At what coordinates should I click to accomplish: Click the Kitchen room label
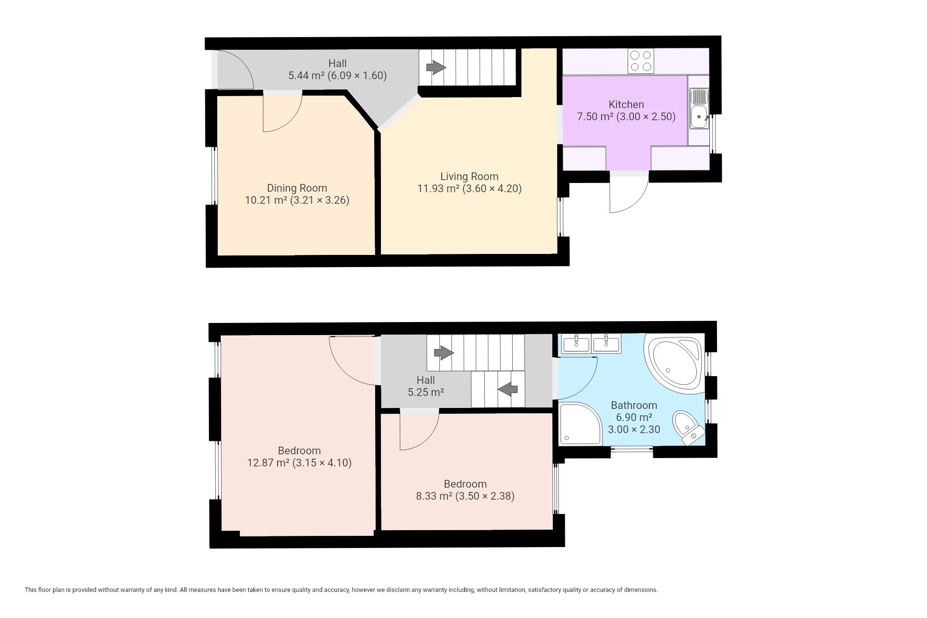(626, 104)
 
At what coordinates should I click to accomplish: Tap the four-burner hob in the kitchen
(641, 61)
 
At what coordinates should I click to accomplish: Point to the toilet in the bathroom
(688, 428)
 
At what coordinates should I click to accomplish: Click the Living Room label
(469, 177)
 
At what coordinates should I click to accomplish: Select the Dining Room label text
(297, 188)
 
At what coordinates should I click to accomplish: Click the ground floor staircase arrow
(436, 68)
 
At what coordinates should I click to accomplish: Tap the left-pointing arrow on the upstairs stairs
(507, 389)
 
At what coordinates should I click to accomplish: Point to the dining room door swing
(282, 112)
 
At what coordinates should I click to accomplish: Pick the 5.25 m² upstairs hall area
(426, 392)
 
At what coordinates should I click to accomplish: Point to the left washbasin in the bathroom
(576, 344)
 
